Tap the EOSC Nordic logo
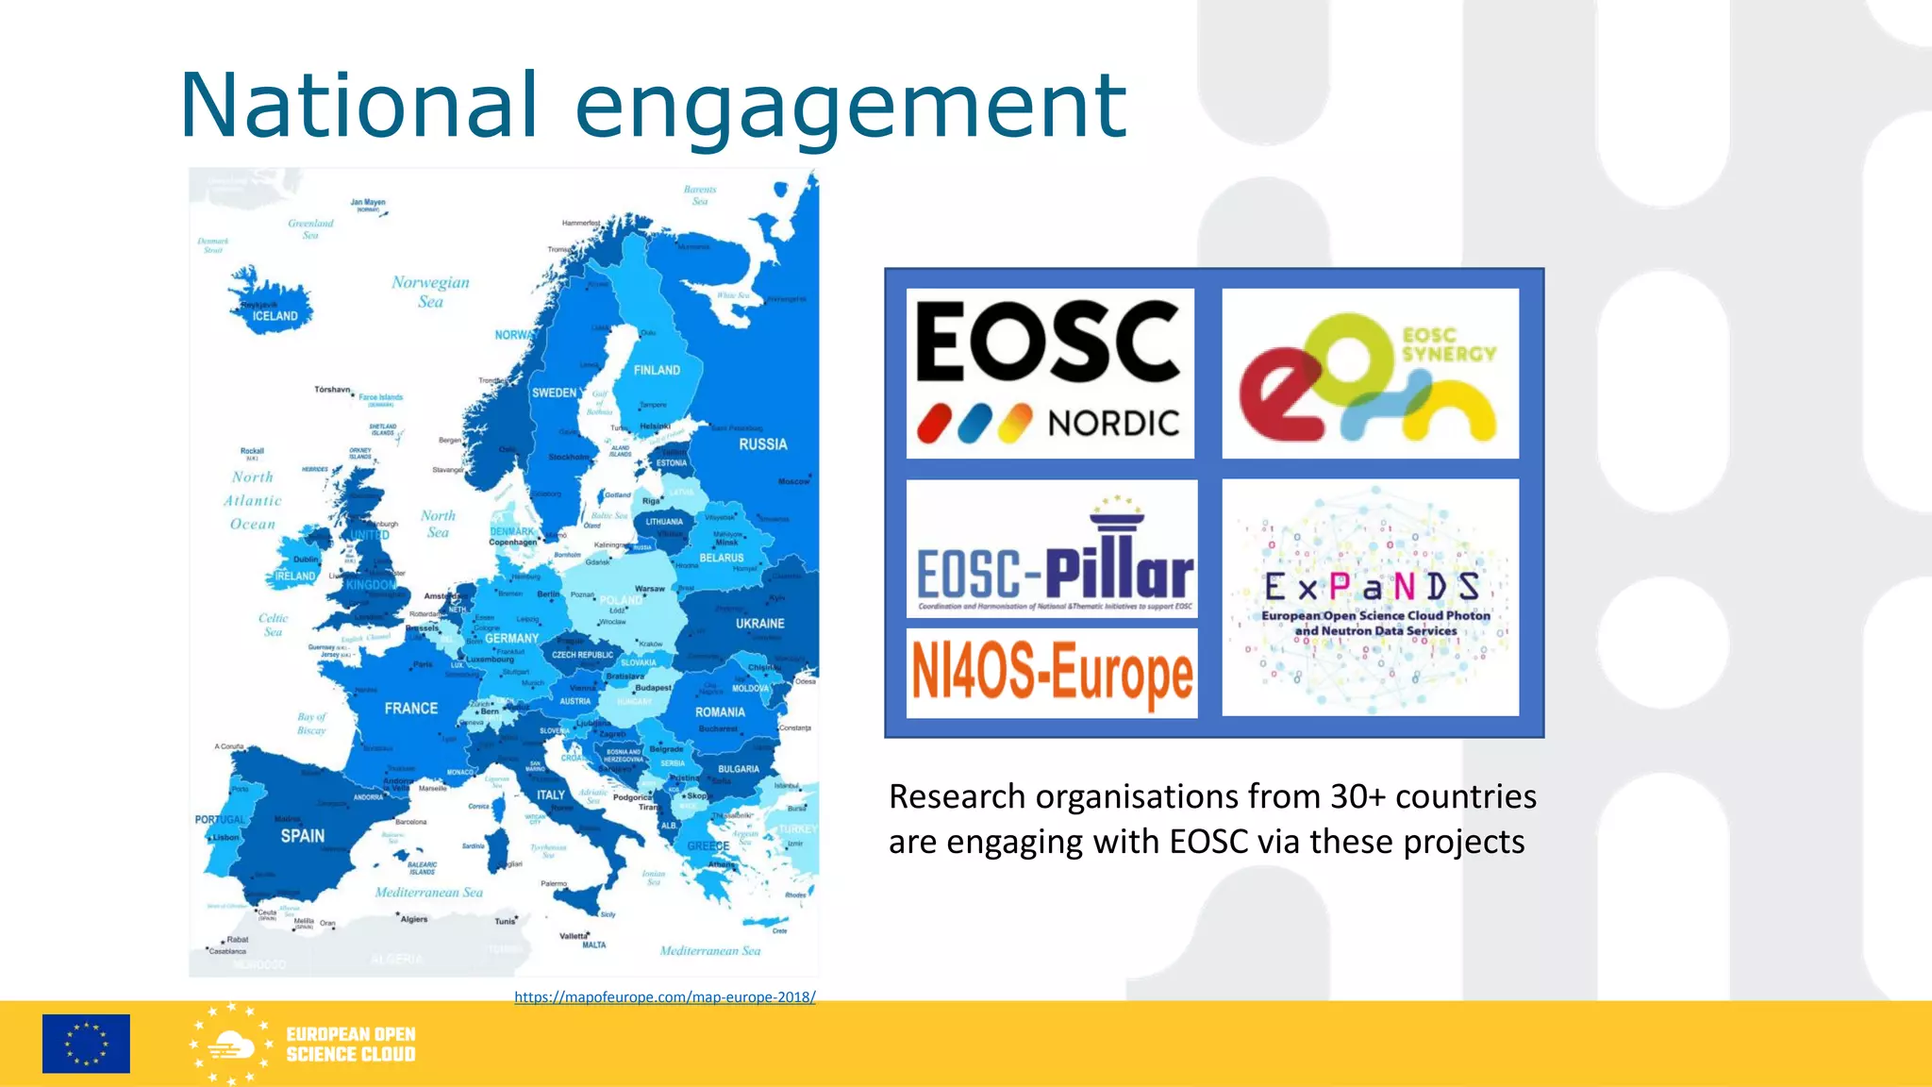point(1050,374)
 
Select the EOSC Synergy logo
point(1370,374)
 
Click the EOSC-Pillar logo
point(1052,549)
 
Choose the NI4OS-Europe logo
point(1052,673)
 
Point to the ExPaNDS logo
point(1370,597)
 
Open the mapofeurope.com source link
point(664,997)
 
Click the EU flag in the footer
point(86,1044)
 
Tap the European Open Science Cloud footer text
point(350,1045)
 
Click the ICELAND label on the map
point(275,316)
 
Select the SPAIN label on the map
point(302,836)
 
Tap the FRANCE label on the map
point(410,709)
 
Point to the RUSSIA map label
point(762,444)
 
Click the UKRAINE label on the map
point(759,624)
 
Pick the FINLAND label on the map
point(657,371)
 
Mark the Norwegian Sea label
point(430,292)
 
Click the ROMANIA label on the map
point(720,712)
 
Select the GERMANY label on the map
point(511,639)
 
